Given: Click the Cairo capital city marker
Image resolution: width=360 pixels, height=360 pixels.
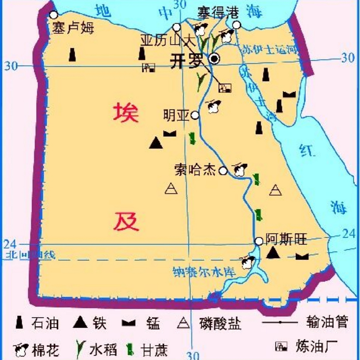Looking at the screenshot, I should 214,58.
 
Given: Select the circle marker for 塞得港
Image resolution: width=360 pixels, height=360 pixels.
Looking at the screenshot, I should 237,25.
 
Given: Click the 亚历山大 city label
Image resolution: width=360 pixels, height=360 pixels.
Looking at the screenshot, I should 168,40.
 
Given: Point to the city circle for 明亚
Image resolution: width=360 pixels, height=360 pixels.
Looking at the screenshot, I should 195,115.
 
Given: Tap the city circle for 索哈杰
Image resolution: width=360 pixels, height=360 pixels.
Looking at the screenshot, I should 223,171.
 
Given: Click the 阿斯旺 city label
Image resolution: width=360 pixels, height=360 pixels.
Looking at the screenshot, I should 286,240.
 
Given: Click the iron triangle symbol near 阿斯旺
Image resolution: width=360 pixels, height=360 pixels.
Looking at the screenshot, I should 273,253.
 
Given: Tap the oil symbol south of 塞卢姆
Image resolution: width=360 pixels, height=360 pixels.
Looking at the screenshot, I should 73,55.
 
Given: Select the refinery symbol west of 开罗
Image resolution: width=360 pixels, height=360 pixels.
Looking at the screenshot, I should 148,67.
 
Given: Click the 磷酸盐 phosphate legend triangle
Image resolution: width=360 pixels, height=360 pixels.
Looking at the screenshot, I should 183,323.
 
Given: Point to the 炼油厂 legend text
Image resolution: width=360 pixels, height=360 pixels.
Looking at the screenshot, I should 316,346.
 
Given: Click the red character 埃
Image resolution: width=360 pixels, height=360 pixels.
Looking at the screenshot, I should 126,112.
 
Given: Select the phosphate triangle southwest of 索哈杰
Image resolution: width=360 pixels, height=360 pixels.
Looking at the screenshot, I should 171,189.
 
